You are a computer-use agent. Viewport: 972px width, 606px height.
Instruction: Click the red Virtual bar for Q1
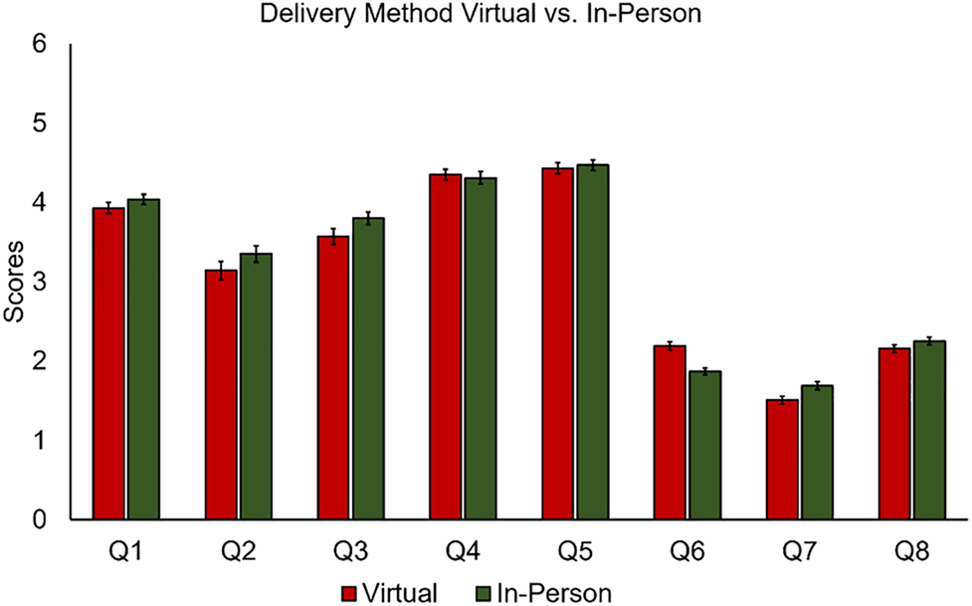(108, 364)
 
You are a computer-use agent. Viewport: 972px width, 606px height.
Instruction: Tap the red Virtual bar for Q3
(333, 378)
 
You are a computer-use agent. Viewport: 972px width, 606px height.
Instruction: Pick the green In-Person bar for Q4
(481, 349)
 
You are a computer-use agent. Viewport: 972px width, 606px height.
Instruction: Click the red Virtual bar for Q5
(558, 344)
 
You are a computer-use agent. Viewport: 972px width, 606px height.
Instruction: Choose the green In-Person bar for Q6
(705, 446)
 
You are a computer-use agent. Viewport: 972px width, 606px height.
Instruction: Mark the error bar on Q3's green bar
(368, 218)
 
